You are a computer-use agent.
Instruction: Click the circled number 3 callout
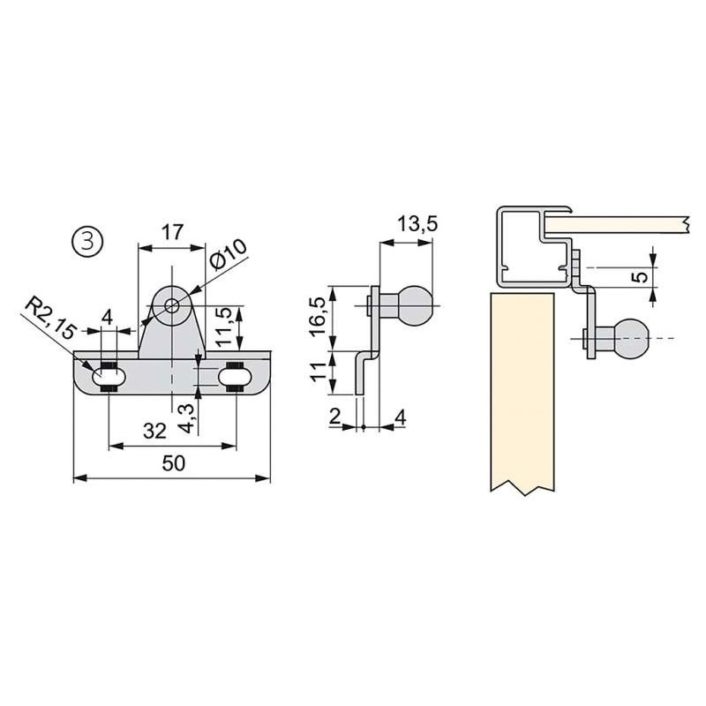pyautogui.click(x=87, y=241)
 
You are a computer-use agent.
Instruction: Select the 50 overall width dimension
pyautogui.click(x=173, y=462)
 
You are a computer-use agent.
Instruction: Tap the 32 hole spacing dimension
pyautogui.click(x=155, y=431)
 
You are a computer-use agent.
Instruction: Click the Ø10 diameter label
pyautogui.click(x=229, y=254)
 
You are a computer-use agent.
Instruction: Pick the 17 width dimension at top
pyautogui.click(x=172, y=232)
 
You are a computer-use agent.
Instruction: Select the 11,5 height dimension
pyautogui.click(x=224, y=326)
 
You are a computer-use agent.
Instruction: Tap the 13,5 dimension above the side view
pyautogui.click(x=417, y=224)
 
